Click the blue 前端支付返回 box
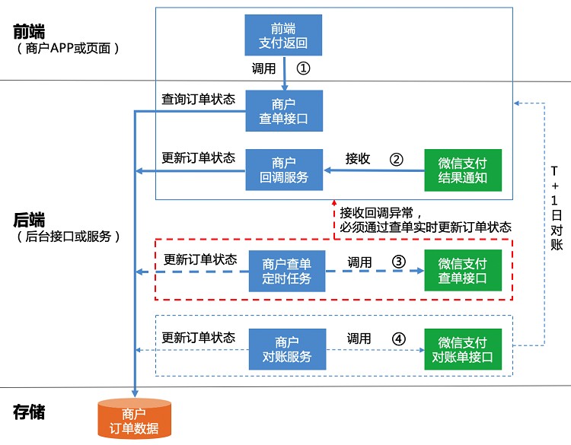(x=283, y=34)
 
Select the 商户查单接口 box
(x=284, y=110)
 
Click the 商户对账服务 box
(x=287, y=349)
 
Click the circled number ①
(x=303, y=68)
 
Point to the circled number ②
(x=396, y=159)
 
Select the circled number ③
(x=398, y=262)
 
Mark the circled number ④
(x=398, y=338)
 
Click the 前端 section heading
(x=29, y=32)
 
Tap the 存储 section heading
(x=29, y=412)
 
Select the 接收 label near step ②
(x=358, y=159)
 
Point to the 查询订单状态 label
(x=198, y=100)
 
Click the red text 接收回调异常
(x=381, y=212)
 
